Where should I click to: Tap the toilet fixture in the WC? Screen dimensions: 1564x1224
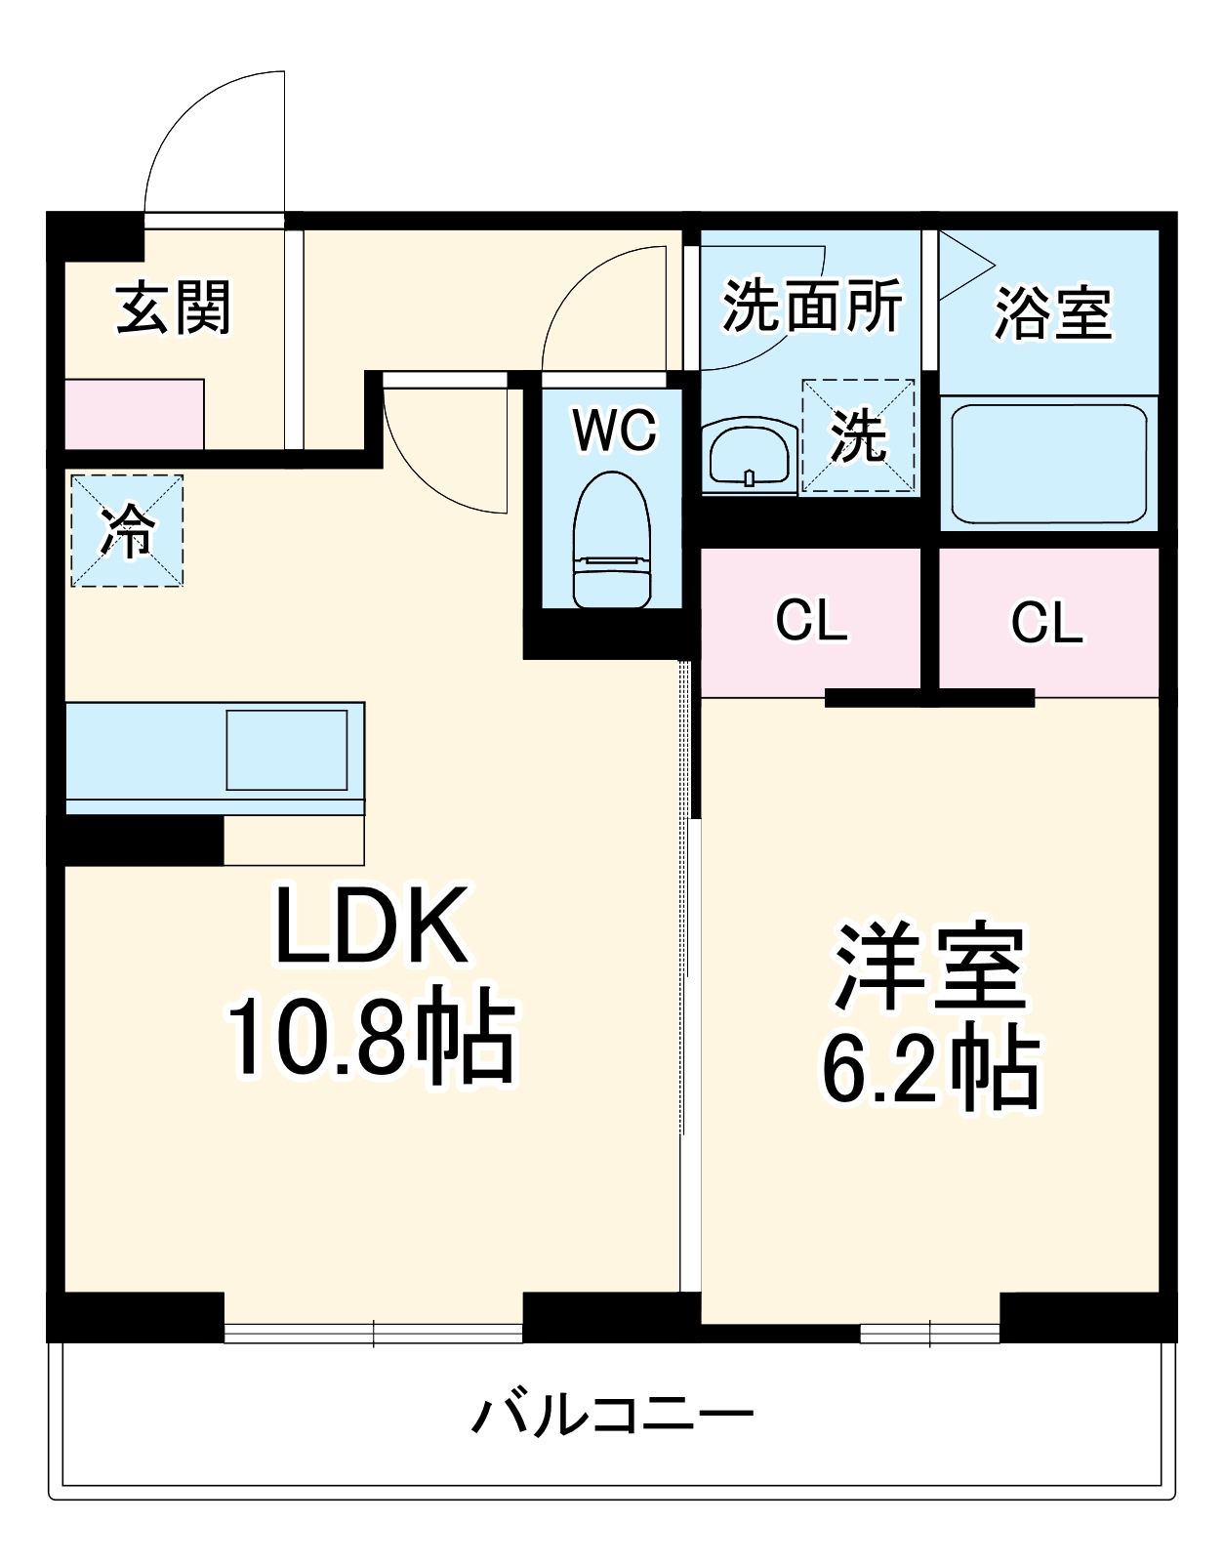click(612, 542)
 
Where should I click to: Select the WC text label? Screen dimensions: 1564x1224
click(615, 430)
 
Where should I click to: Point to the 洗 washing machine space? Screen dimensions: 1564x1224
click(858, 435)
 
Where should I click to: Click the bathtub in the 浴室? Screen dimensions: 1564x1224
click(1048, 464)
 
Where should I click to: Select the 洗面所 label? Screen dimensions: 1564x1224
click(812, 307)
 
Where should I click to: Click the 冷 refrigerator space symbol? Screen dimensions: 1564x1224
click(127, 531)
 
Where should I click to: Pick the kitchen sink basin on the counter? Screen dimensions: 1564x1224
click(287, 750)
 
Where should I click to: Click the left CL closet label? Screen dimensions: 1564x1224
click(811, 620)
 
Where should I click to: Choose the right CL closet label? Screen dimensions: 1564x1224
click(1046, 622)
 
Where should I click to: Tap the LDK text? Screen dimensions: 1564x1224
click(371, 926)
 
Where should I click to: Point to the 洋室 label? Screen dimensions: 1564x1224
click(928, 967)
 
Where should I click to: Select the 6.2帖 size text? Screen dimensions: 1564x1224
click(930, 1068)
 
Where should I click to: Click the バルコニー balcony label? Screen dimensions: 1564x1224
click(613, 1415)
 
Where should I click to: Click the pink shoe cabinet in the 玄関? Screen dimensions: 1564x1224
click(134, 415)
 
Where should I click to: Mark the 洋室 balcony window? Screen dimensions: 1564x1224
click(929, 1333)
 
